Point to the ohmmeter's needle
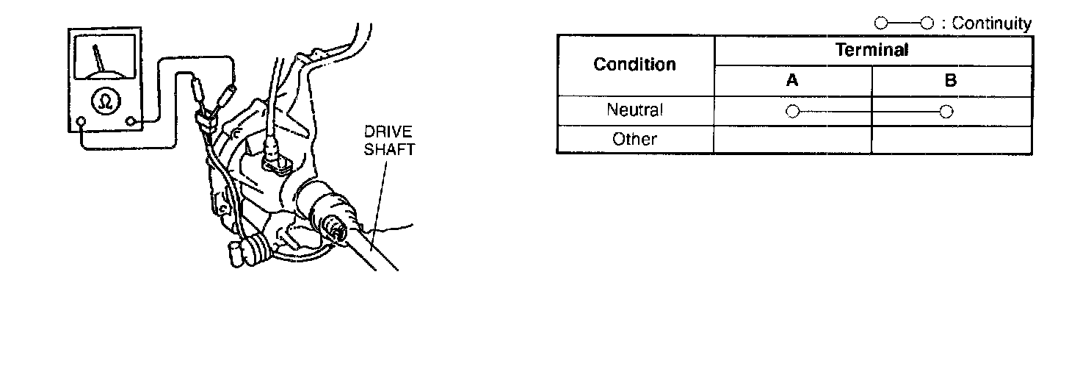[98, 58]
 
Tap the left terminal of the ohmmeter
[81, 121]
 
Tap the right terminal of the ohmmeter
[131, 121]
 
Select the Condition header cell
[635, 65]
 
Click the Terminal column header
[871, 50]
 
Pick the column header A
[791, 81]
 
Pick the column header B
[951, 81]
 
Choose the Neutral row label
[635, 110]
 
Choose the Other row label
[635, 139]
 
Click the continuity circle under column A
[791, 111]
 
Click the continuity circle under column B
[946, 111]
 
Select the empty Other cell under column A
[791, 139]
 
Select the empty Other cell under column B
[951, 139]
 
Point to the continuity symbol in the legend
[903, 24]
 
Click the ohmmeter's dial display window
[102, 59]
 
